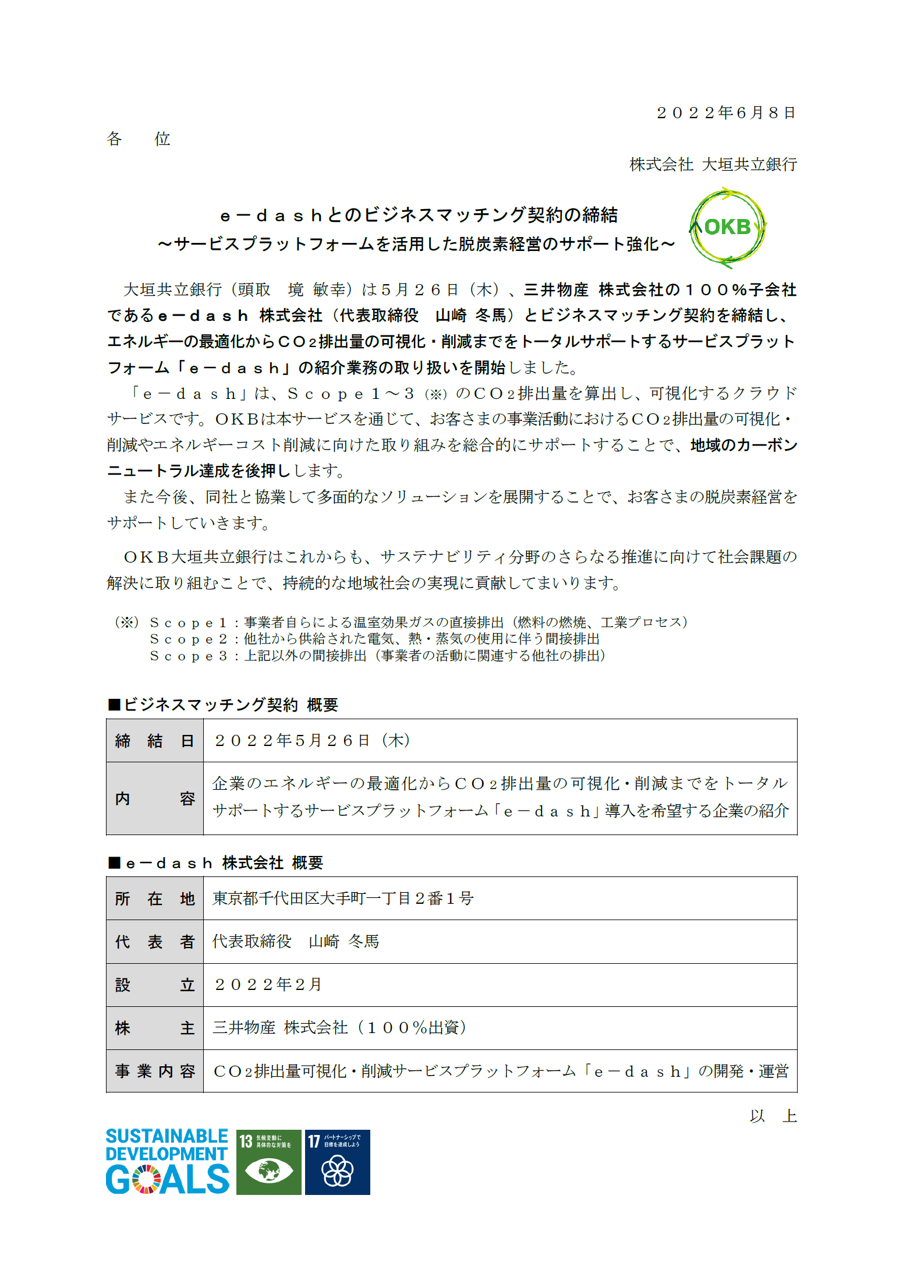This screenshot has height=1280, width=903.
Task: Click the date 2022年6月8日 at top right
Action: [725, 113]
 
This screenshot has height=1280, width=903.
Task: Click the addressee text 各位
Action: [138, 139]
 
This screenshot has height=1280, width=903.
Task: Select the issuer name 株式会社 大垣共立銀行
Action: [713, 165]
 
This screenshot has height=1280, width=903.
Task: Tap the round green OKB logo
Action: [727, 227]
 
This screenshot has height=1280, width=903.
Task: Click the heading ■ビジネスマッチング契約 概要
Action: [223, 705]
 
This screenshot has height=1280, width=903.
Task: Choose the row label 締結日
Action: [154, 741]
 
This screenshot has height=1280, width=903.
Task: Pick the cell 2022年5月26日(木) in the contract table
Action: [313, 741]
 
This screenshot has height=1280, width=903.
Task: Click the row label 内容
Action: [154, 798]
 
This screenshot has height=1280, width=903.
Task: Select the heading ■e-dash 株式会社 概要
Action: [216, 863]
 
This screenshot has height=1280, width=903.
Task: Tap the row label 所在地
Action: [154, 899]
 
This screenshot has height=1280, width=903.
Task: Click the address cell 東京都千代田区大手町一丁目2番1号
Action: [343, 899]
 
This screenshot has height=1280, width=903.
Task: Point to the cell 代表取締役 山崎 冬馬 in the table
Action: [296, 942]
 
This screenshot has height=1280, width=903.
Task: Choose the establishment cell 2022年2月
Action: [268, 985]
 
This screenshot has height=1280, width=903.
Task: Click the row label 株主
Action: [154, 1028]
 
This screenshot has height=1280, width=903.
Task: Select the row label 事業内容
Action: [154, 1072]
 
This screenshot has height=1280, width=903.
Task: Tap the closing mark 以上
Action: [773, 1116]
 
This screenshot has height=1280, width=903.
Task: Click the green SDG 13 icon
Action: [269, 1162]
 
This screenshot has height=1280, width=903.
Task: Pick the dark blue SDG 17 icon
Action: [338, 1162]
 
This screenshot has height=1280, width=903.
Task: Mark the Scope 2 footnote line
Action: [375, 639]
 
